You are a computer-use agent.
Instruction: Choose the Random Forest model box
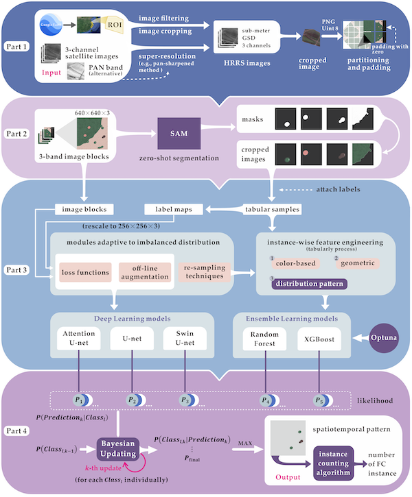click(x=264, y=339)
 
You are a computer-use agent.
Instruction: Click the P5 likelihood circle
click(x=319, y=400)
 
